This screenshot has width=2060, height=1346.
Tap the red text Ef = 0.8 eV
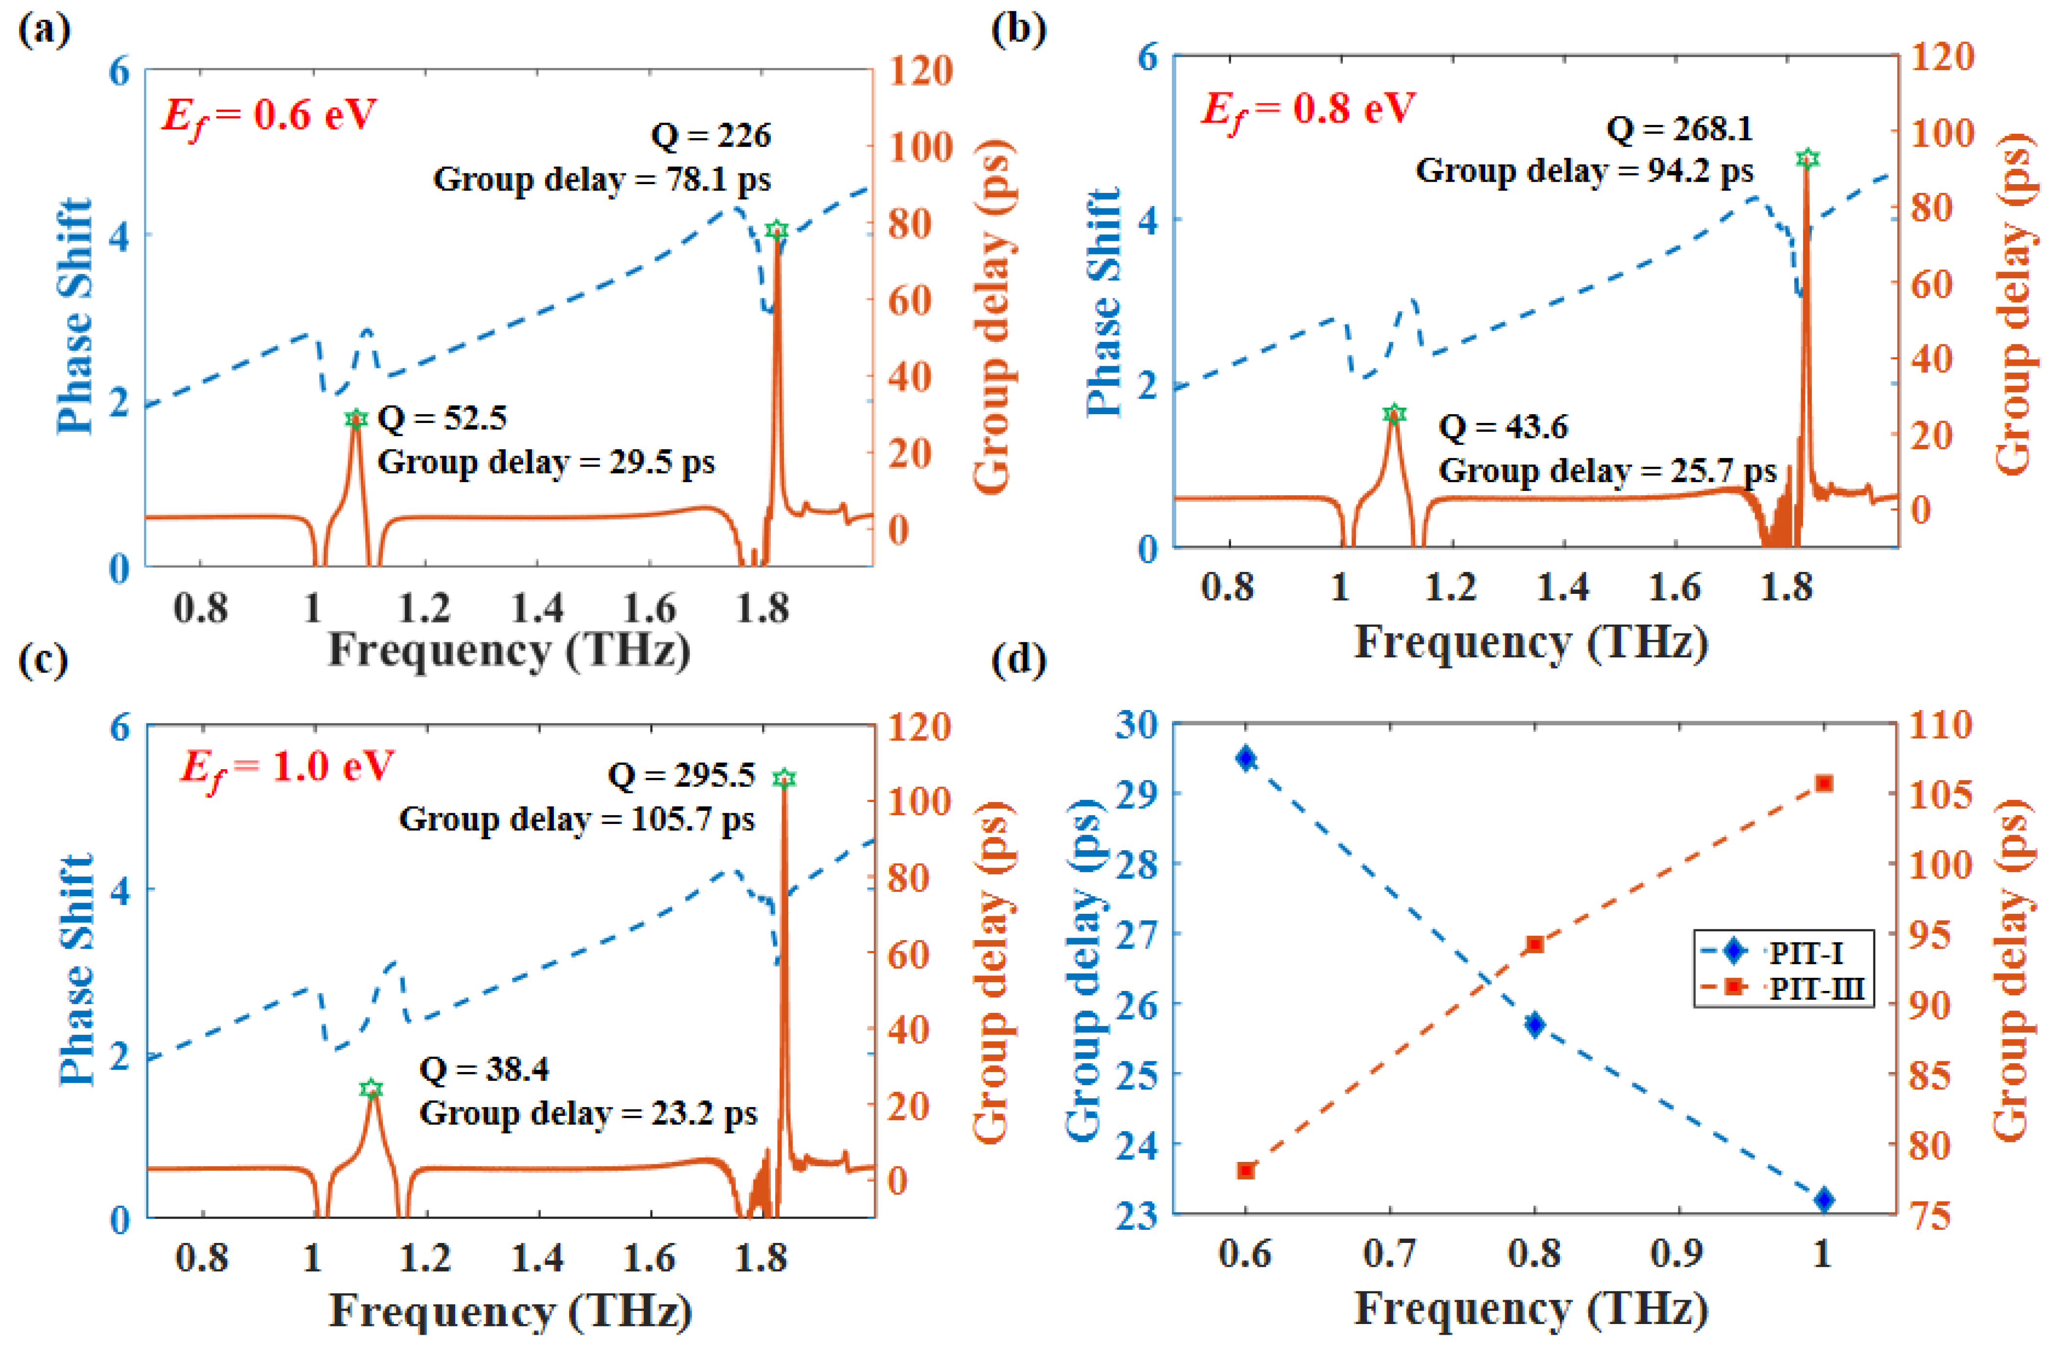click(1307, 109)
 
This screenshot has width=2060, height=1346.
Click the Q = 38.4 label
click(484, 1069)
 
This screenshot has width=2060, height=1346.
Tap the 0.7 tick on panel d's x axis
click(1389, 1253)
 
